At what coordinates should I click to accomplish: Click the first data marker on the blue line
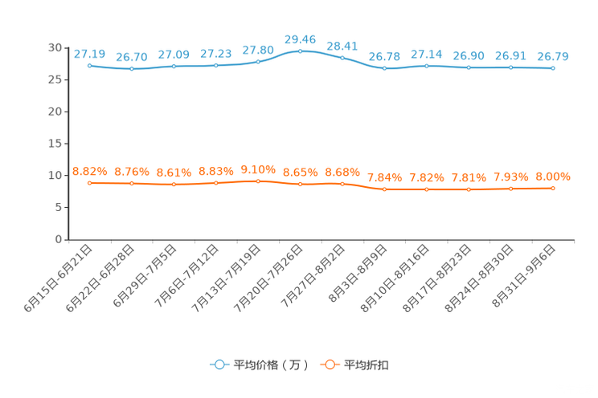(x=89, y=65)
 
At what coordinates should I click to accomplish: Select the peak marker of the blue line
(x=300, y=51)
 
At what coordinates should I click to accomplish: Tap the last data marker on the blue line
(x=553, y=69)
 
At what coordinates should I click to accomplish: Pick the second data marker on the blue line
(x=132, y=69)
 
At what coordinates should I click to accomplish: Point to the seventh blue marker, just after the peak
(x=342, y=58)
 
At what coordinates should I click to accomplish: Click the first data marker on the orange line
(x=90, y=182)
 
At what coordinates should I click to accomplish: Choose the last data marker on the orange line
(x=553, y=187)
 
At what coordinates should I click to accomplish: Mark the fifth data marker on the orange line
(x=258, y=181)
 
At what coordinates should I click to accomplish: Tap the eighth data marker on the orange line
(x=384, y=189)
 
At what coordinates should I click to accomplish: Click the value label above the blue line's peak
(x=300, y=38)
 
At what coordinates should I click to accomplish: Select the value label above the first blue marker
(x=89, y=54)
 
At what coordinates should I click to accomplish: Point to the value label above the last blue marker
(x=553, y=56)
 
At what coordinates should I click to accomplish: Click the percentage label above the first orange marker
(x=89, y=171)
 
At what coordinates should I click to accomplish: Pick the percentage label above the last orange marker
(x=553, y=176)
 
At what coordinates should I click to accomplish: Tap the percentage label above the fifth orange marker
(x=258, y=169)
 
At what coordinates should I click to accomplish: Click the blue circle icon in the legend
(x=219, y=364)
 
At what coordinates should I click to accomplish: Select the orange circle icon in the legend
(x=329, y=364)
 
